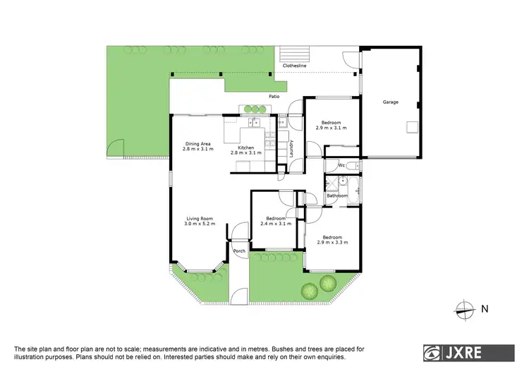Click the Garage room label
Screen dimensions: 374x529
(390, 102)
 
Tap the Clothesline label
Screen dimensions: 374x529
(294, 66)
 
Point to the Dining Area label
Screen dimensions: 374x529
(197, 143)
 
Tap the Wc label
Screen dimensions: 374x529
(341, 166)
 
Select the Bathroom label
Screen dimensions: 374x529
(336, 195)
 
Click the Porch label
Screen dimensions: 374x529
(239, 251)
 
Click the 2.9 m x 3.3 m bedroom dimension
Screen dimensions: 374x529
(332, 243)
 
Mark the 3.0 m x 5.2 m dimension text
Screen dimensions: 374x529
(200, 224)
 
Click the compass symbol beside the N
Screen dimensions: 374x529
(463, 307)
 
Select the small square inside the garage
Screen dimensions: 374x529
(411, 127)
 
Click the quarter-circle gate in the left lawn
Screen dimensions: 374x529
(113, 147)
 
